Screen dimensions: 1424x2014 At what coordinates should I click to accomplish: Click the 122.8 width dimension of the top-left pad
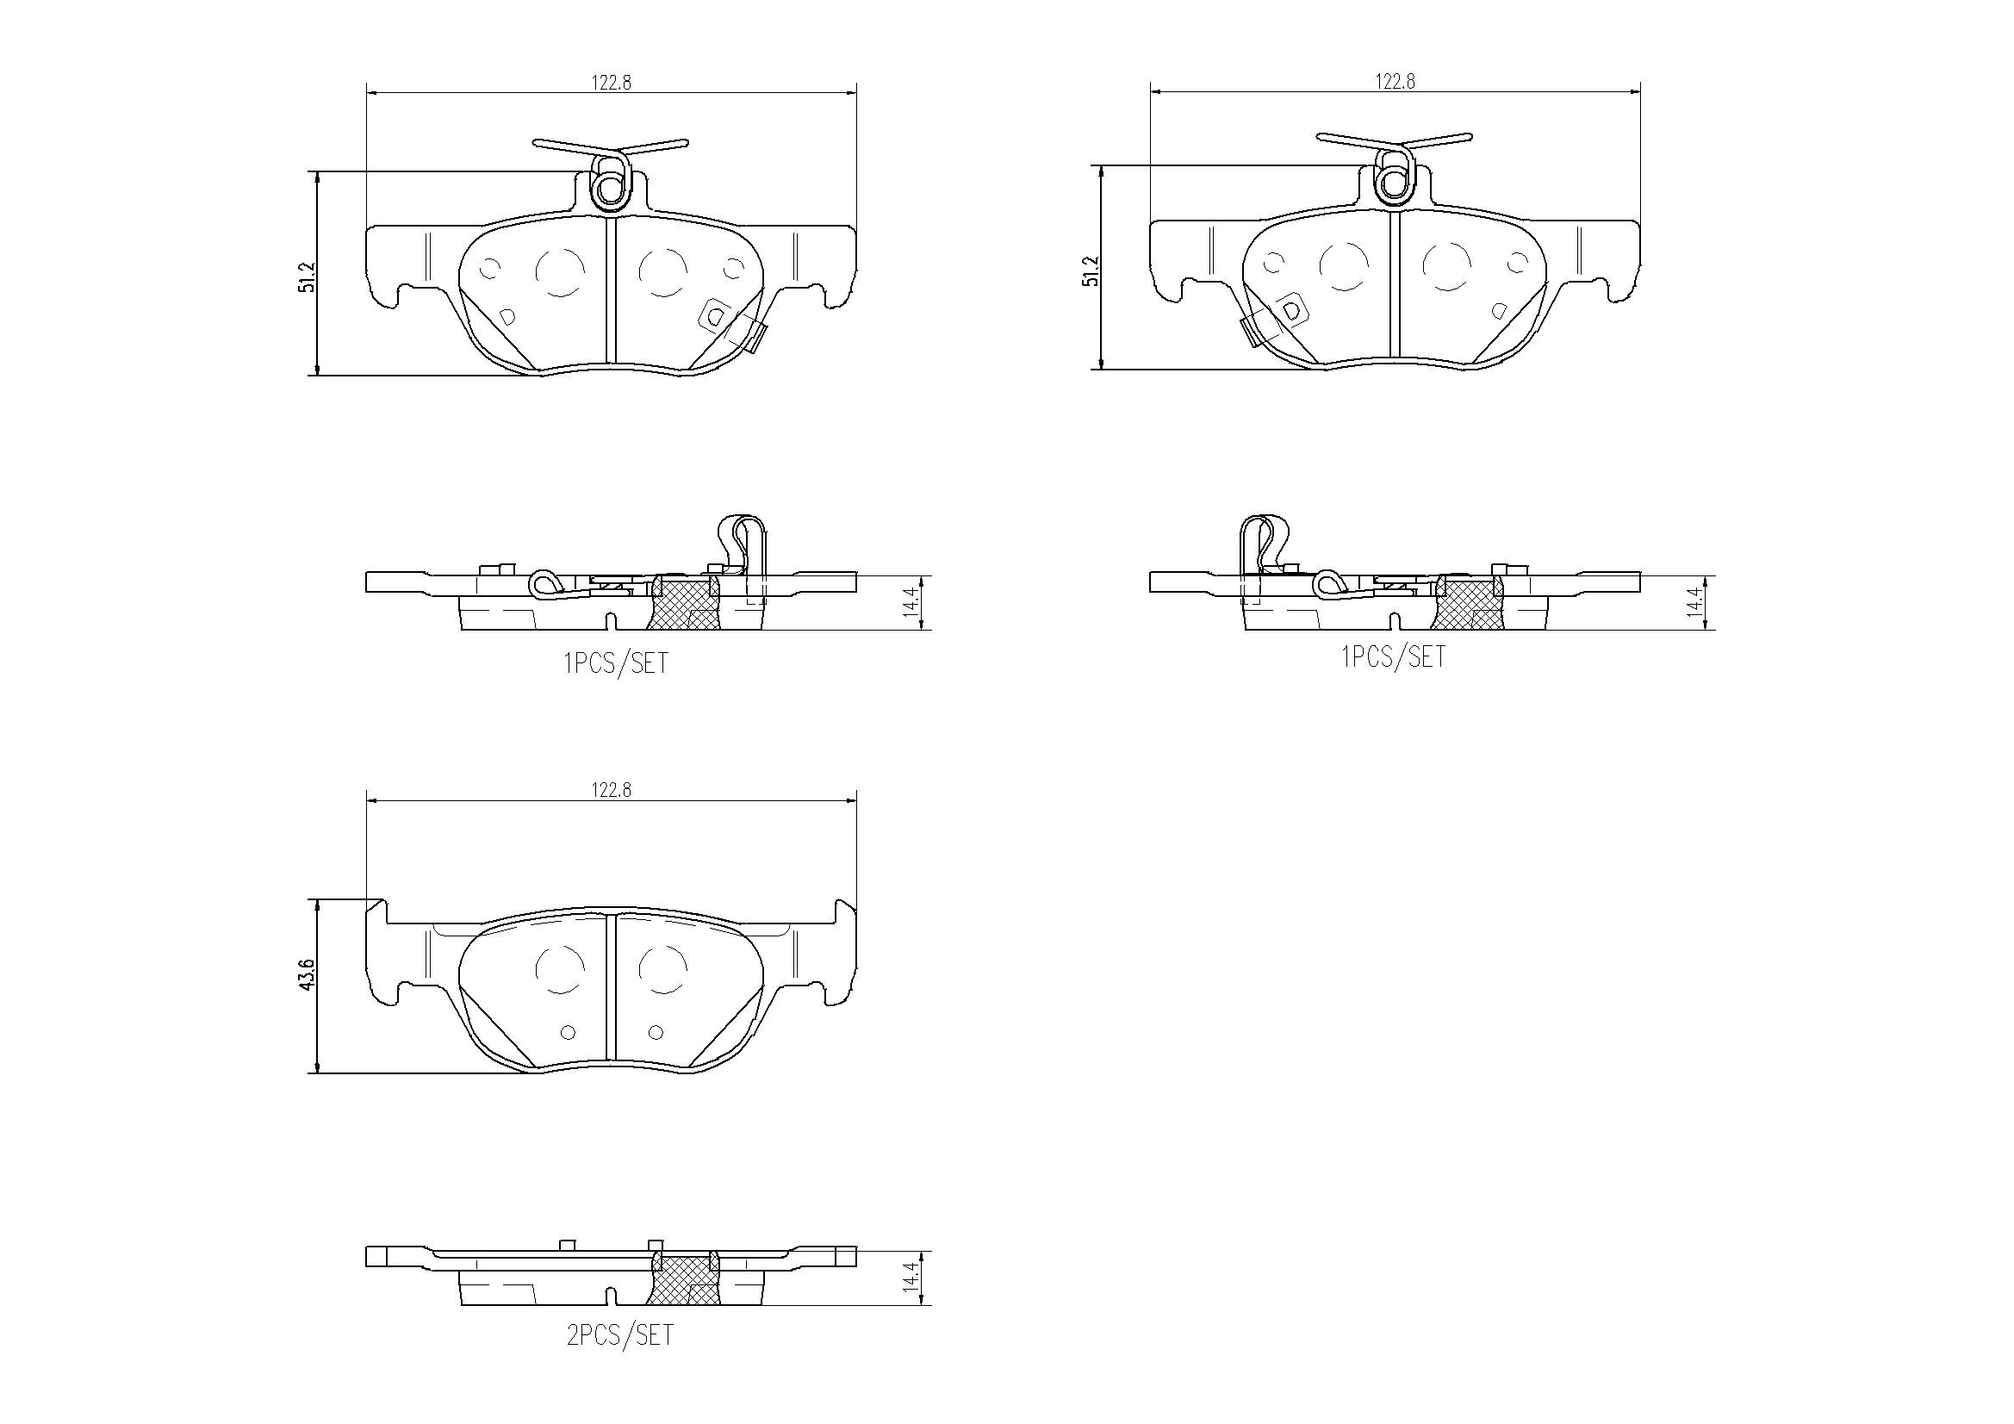611,83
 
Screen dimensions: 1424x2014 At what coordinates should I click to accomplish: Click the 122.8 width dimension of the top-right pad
1395,82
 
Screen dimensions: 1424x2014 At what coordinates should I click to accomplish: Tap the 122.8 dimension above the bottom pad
611,790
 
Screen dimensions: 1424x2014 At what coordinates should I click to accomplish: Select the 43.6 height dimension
306,975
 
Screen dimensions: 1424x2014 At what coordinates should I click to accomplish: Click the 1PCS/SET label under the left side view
616,663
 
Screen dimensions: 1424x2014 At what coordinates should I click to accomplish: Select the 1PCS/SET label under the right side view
1394,656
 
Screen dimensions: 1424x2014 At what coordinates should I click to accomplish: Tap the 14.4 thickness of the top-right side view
1695,602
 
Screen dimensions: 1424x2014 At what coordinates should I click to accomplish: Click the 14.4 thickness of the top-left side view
913,602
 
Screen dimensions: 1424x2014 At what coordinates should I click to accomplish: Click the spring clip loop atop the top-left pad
611,186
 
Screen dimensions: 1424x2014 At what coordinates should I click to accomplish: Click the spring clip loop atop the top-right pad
1394,182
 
